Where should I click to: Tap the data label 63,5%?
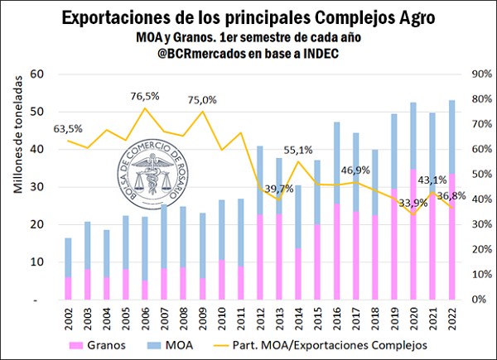70,128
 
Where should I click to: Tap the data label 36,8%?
452,196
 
